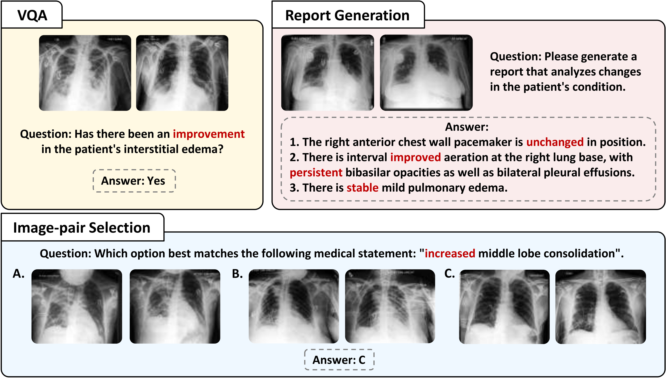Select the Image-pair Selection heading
pyautogui.click(x=82, y=228)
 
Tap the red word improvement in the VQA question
pyautogui.click(x=209, y=134)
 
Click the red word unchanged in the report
pyautogui.click(x=555, y=142)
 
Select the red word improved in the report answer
pyautogui.click(x=415, y=157)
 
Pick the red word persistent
pyautogui.click(x=316, y=173)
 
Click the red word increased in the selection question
pyautogui.click(x=450, y=253)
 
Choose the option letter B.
pyautogui.click(x=237, y=274)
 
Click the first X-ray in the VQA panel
pyautogui.click(x=85, y=73)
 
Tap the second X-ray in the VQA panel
pyautogui.click(x=182, y=73)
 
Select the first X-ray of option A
pyautogui.click(x=77, y=306)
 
